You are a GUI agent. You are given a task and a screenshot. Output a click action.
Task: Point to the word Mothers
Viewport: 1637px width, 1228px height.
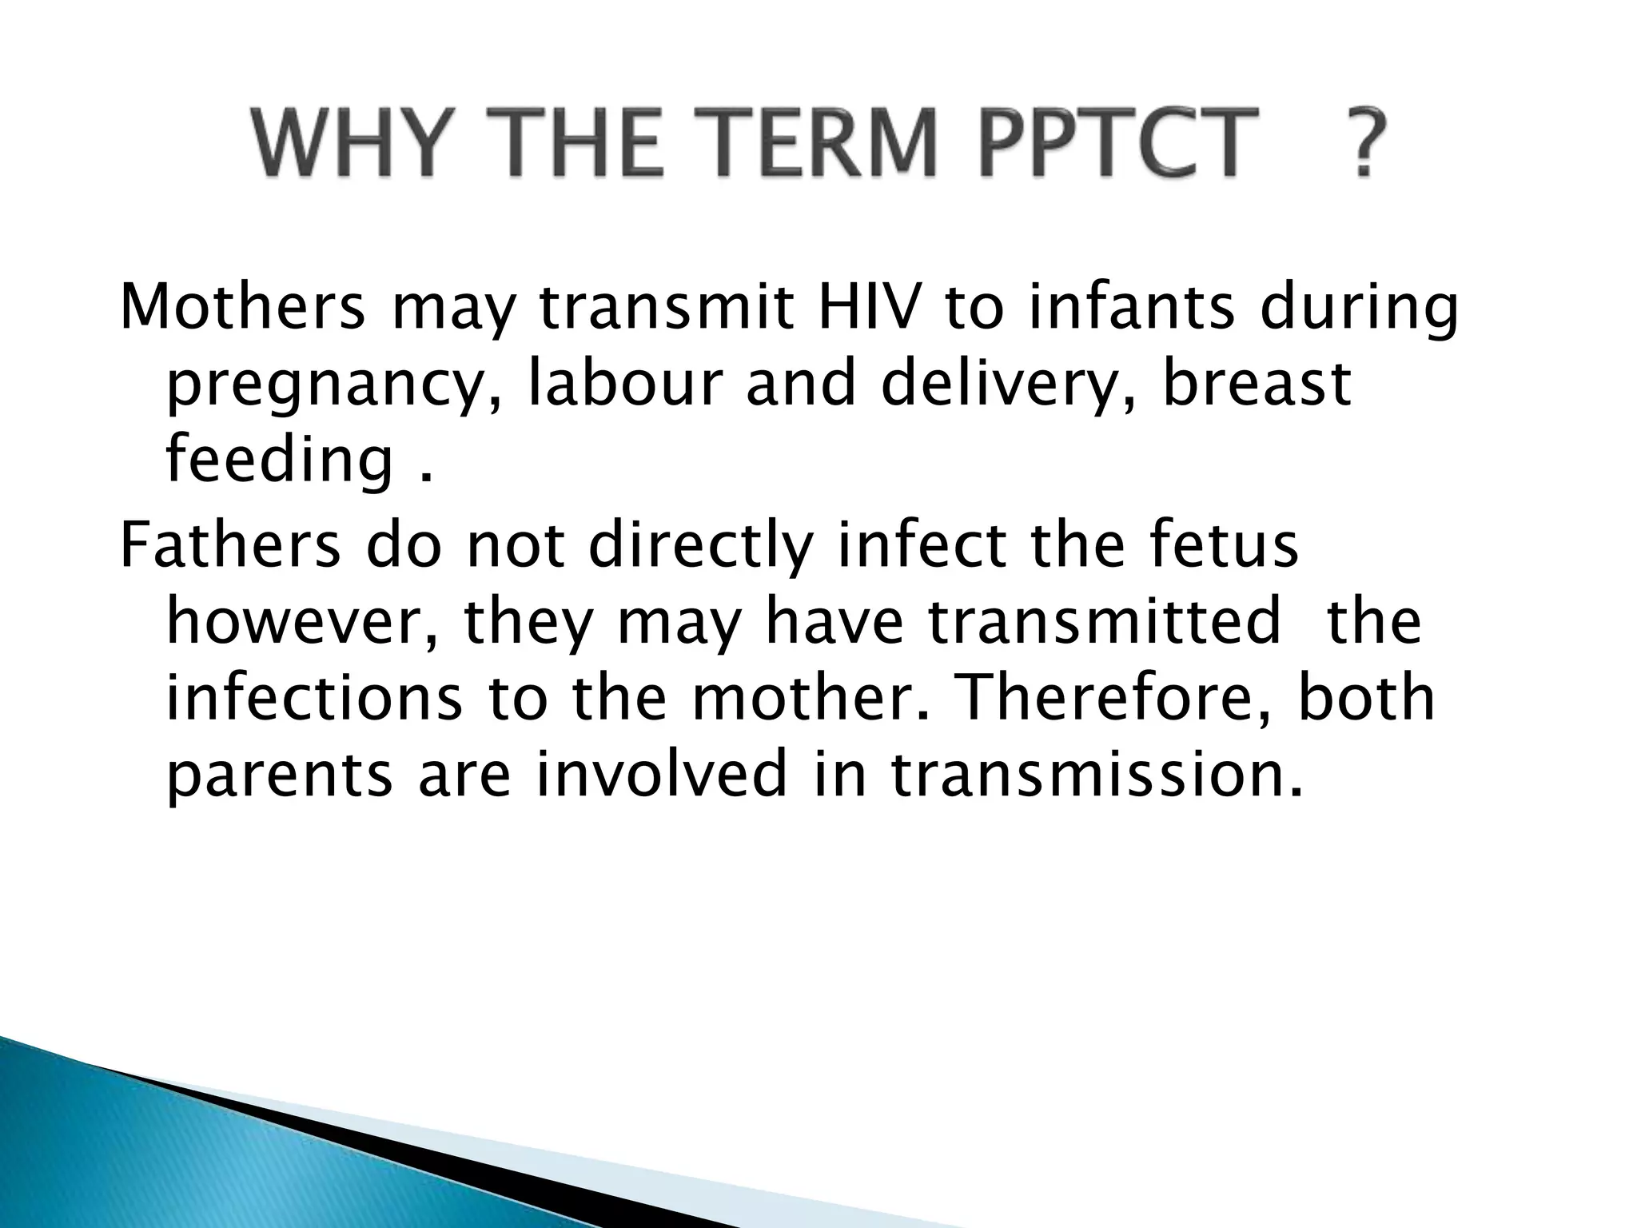click(242, 308)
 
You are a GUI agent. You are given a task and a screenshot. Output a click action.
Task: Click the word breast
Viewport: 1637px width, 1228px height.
click(1256, 384)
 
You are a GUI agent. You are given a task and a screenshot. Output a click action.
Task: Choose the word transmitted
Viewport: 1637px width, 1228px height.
click(1104, 622)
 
